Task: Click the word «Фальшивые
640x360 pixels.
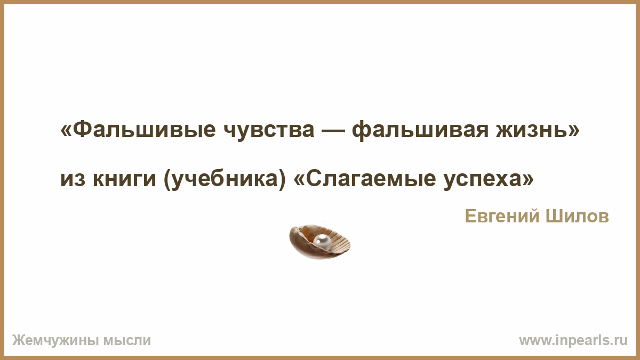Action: click(x=138, y=129)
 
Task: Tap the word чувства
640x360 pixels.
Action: click(x=269, y=131)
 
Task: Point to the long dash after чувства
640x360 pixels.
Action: click(x=333, y=130)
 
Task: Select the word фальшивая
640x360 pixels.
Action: click(x=420, y=131)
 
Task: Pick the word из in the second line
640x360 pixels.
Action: click(x=73, y=179)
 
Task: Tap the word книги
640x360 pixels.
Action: click(x=124, y=179)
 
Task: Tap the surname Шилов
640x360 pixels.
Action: click(x=577, y=217)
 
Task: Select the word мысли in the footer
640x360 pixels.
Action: click(x=127, y=341)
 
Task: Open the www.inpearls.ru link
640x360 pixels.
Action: click(x=573, y=341)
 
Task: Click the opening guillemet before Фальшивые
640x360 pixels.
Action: click(x=66, y=130)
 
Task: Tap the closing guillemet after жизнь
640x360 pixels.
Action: click(x=574, y=130)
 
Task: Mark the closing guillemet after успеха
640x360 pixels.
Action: click(x=529, y=179)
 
